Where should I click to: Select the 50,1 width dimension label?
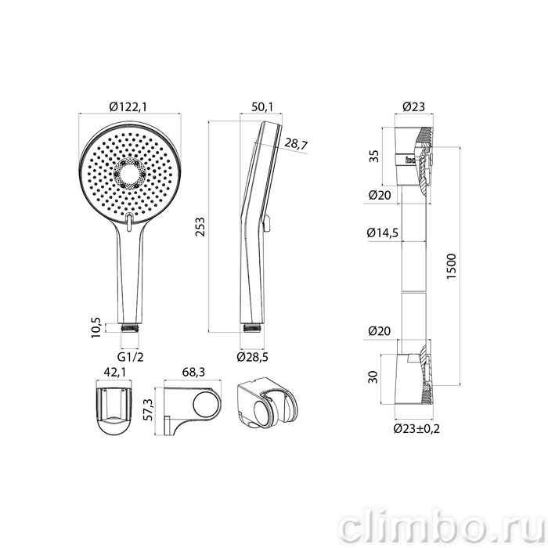pyautogui.click(x=262, y=106)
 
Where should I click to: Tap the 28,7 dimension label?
pyautogui.click(x=296, y=143)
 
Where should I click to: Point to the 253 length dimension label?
pyautogui.click(x=200, y=227)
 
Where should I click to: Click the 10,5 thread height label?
pyautogui.click(x=96, y=327)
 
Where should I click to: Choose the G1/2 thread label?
pyautogui.click(x=130, y=357)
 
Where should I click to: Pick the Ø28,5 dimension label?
pyautogui.click(x=252, y=357)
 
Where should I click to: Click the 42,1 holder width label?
pyautogui.click(x=114, y=373)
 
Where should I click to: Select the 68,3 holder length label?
pyautogui.click(x=193, y=372)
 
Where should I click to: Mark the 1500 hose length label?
pyautogui.click(x=452, y=266)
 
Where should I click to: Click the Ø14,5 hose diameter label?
pyautogui.click(x=383, y=233)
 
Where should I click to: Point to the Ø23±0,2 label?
pyautogui.click(x=416, y=428)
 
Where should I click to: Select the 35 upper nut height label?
pyautogui.click(x=374, y=156)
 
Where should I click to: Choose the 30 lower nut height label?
pyautogui.click(x=373, y=377)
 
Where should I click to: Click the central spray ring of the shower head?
pyautogui.click(x=130, y=174)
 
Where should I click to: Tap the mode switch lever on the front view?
pyautogui.click(x=129, y=222)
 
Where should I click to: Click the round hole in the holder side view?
pyautogui.click(x=207, y=403)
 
